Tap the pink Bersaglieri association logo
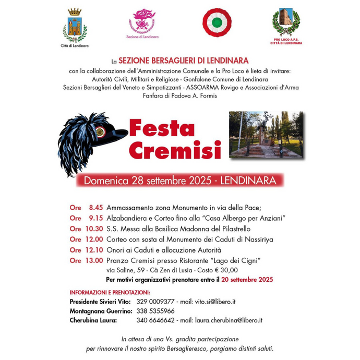142,21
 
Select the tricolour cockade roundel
217,22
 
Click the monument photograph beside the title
266,135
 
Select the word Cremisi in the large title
174,150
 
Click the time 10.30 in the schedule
94,229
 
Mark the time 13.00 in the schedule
94,260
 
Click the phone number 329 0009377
155,302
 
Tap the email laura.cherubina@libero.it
228,320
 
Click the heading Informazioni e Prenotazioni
110,292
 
